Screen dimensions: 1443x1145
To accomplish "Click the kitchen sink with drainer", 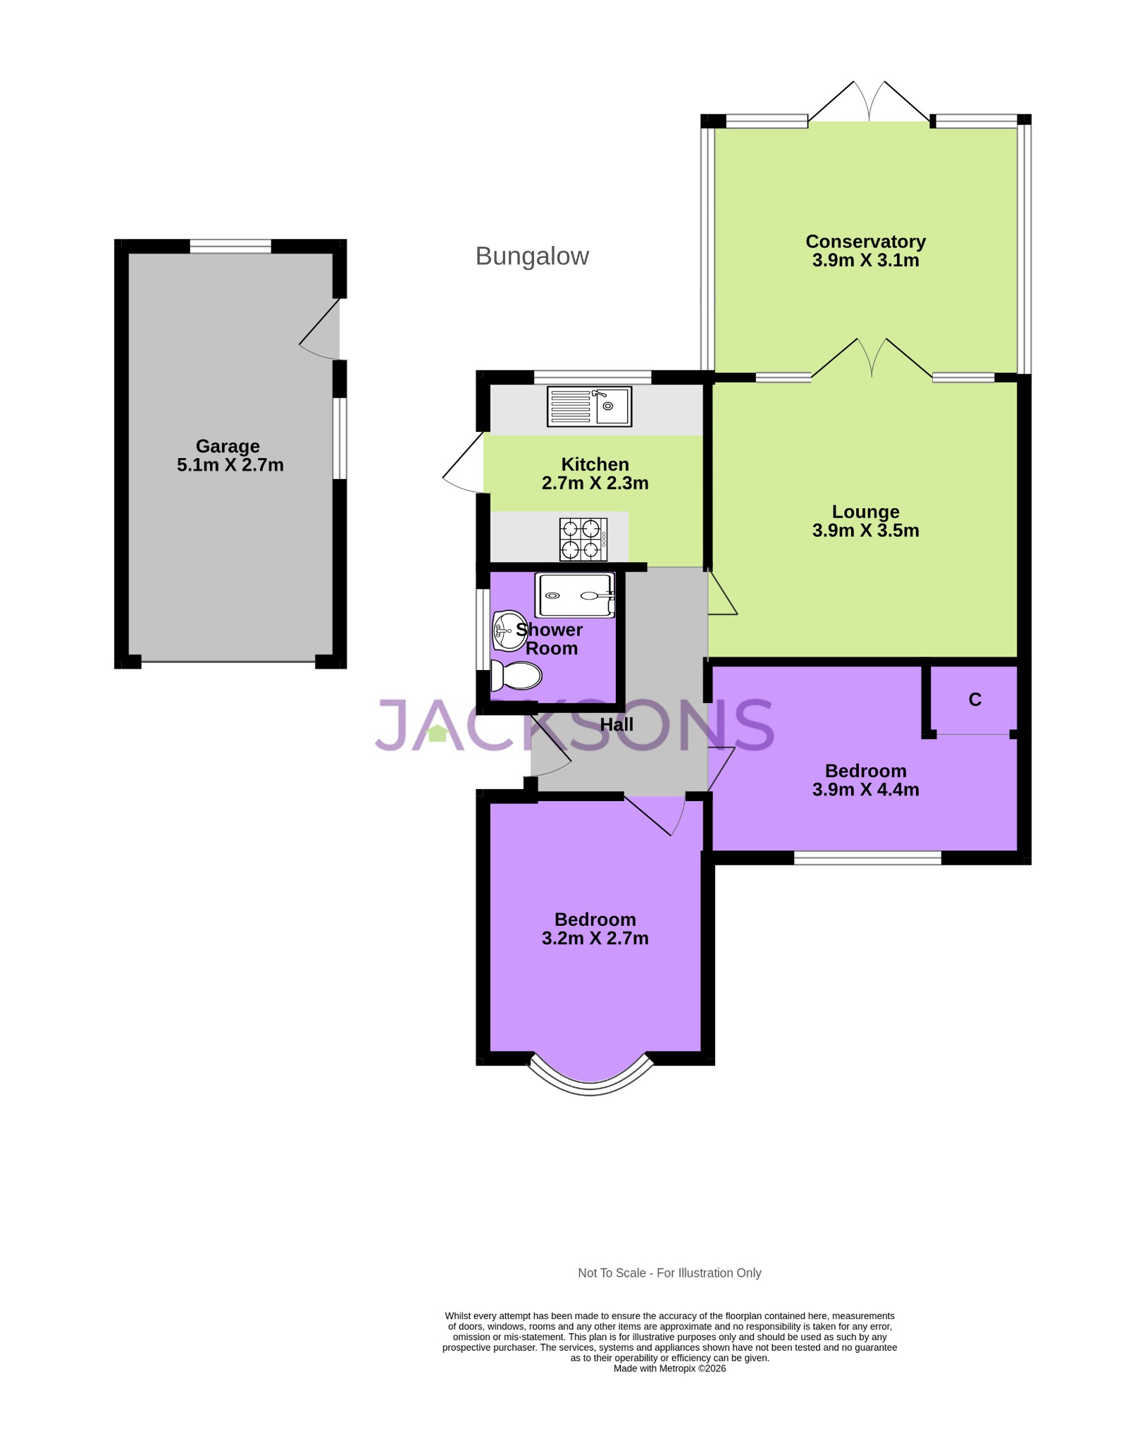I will (589, 407).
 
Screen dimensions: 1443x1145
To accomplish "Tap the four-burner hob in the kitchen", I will (583, 539).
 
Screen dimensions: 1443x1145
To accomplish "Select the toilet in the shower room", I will (516, 676).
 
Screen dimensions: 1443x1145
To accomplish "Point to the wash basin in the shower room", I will (507, 630).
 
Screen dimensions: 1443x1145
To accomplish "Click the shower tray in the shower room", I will (574, 595).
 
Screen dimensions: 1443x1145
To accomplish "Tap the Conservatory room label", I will (865, 242).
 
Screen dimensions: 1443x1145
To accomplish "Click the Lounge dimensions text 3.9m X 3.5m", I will (865, 531).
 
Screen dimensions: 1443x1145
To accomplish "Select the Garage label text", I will (228, 446).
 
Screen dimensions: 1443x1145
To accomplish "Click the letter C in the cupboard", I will (974, 700).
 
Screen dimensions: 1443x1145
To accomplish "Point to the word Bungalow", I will (532, 256).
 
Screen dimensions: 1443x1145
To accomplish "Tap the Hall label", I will (617, 724).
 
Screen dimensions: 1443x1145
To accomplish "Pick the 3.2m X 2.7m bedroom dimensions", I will (595, 939).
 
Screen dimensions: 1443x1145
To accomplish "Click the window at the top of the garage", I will (230, 246).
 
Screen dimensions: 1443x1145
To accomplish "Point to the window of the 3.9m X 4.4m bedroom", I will (867, 857).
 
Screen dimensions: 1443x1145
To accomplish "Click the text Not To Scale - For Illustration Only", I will (669, 1272).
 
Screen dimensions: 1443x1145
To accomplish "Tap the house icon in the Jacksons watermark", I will (438, 733).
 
